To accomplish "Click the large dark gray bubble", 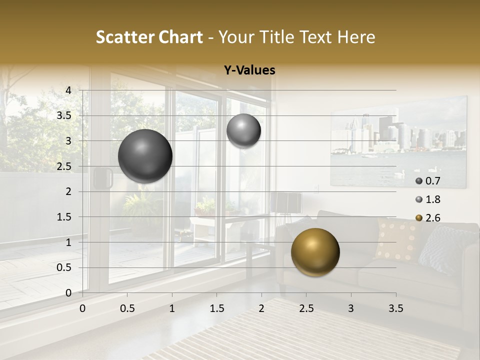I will tap(145, 156).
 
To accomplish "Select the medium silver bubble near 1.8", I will tap(243, 131).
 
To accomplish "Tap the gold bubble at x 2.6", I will tap(315, 252).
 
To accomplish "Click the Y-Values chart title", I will tap(249, 70).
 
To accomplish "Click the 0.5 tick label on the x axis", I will tap(127, 308).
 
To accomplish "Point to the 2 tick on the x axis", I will tap(261, 308).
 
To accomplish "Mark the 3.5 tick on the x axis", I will tap(396, 308).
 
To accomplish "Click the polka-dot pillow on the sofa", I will tap(397, 239).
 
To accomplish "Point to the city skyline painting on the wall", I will tap(398, 142).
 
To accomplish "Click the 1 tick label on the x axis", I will tap(172, 308).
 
